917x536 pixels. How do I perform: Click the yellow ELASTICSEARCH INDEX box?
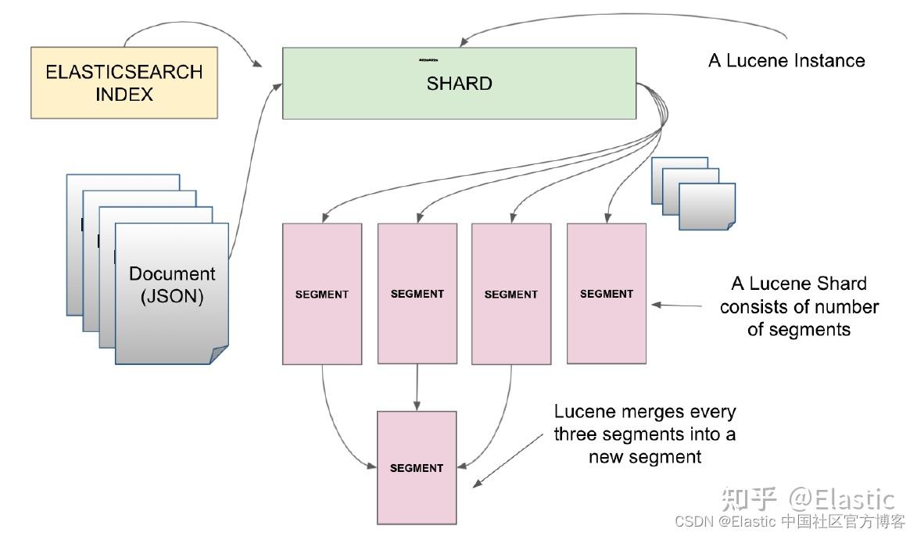(x=124, y=83)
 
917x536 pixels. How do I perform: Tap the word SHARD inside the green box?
(x=459, y=84)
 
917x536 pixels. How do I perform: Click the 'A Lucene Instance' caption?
(x=786, y=61)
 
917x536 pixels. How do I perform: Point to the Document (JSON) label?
(x=172, y=285)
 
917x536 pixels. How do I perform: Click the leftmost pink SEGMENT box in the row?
(x=322, y=294)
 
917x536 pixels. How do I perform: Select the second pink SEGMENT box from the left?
(x=417, y=294)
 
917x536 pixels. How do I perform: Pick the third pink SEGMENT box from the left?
(x=511, y=294)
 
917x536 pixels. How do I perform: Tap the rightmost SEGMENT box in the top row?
(x=606, y=294)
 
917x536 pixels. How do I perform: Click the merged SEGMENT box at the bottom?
(x=417, y=467)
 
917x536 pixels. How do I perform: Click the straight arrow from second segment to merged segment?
(x=417, y=387)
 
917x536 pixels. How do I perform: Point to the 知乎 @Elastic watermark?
(x=808, y=498)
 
